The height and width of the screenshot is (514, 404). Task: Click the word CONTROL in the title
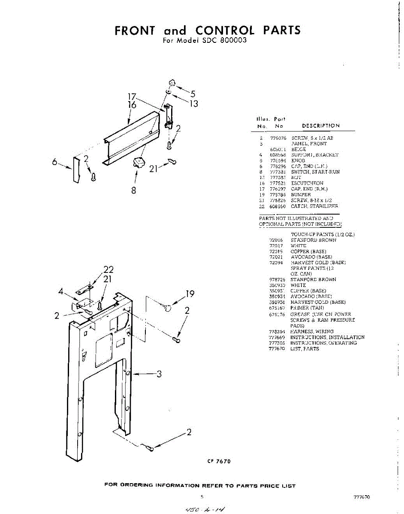[x=225, y=30]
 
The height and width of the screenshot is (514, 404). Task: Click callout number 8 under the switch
[x=134, y=191]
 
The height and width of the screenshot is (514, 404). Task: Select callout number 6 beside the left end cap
[x=55, y=163]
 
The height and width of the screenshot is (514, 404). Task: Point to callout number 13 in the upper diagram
[x=194, y=104]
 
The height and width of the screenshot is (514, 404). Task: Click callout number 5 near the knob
[x=193, y=94]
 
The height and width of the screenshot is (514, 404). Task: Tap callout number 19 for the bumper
[x=190, y=294]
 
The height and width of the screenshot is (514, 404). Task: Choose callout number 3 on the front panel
[x=159, y=374]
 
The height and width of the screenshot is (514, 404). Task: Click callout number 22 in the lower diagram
[x=109, y=270]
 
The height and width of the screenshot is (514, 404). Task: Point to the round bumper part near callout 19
[x=168, y=307]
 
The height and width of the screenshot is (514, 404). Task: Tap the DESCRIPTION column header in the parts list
[x=321, y=126]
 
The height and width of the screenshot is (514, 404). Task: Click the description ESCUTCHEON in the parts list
[x=307, y=183]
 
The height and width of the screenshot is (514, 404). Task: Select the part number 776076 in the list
[x=278, y=138]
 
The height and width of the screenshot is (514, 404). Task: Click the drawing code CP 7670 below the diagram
[x=219, y=461]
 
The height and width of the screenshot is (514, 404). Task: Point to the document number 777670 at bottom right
[x=362, y=497]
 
